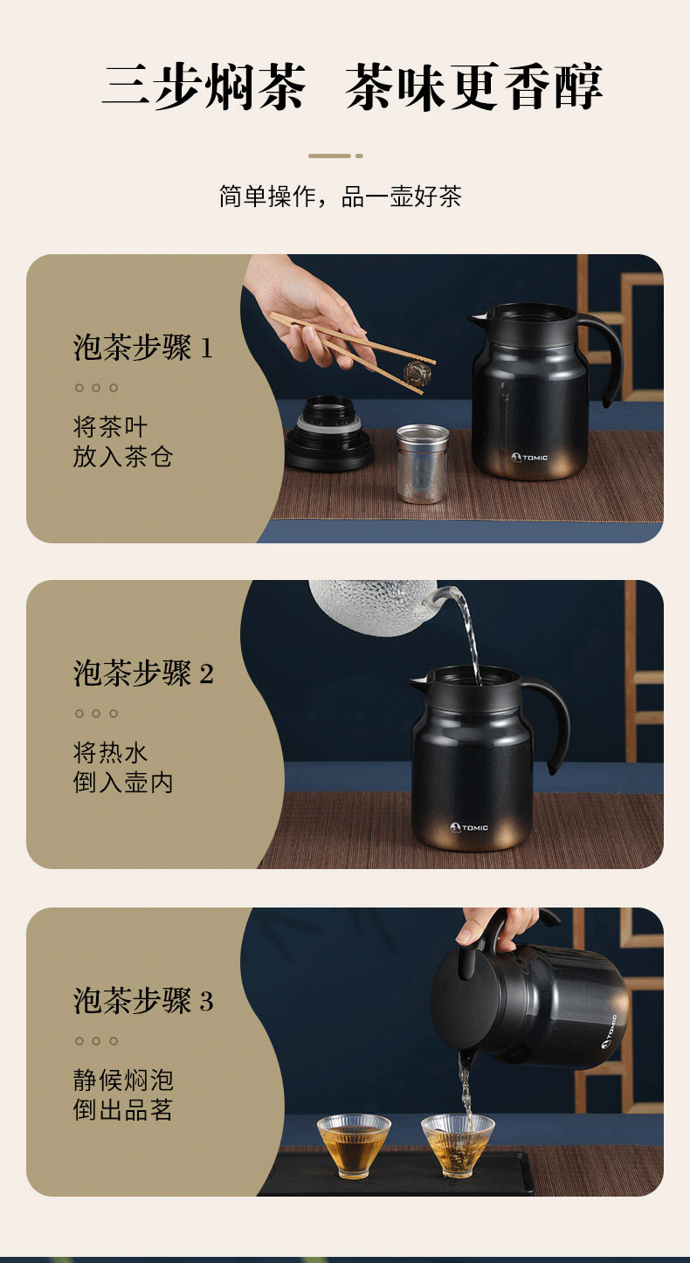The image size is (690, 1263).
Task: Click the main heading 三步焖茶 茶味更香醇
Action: pos(353,86)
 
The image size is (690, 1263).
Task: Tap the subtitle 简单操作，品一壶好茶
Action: pos(341,197)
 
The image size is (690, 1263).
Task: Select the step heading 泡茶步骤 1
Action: pos(143,348)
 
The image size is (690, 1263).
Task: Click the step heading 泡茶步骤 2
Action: pos(143,673)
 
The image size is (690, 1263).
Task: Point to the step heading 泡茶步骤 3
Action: pos(143,1001)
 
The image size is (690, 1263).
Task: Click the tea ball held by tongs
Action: pos(417,372)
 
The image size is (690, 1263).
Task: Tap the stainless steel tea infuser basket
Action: pos(422,464)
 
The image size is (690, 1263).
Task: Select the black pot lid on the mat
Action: pos(329,434)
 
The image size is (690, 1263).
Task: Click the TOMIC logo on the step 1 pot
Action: pos(529,458)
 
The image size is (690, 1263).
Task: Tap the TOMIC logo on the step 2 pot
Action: pos(469,828)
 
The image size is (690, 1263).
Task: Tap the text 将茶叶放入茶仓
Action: pos(122,442)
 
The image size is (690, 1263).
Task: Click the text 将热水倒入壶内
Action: pos(122,768)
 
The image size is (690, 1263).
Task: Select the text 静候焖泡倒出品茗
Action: pos(122,1095)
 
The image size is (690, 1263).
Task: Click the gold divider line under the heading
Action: pos(335,155)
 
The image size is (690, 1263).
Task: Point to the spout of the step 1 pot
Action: pos(477,320)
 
